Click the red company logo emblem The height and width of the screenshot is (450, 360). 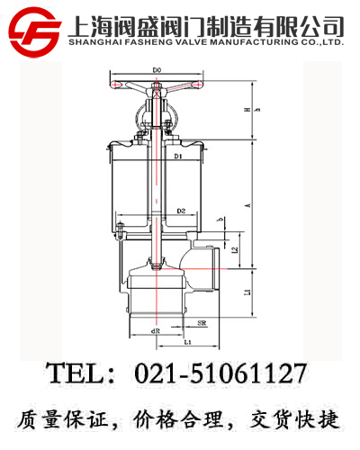point(33,27)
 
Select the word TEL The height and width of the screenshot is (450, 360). point(75,373)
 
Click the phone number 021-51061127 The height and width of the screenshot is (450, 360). point(220,373)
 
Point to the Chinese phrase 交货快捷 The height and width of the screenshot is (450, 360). point(296,419)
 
